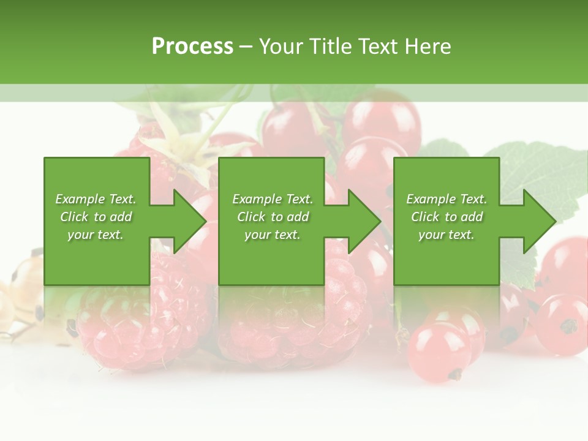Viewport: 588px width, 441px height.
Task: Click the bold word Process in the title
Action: [192, 46]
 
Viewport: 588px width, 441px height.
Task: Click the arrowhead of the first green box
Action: [190, 221]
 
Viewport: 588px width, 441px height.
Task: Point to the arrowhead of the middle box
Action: [364, 221]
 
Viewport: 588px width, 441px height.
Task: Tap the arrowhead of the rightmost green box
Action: [539, 221]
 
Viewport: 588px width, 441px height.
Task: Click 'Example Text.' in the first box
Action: [96, 199]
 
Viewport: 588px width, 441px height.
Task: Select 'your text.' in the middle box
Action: [272, 235]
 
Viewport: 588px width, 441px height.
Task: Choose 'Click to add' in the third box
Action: [447, 217]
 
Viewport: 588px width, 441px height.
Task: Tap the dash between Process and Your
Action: [246, 46]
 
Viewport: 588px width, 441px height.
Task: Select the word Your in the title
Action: [279, 46]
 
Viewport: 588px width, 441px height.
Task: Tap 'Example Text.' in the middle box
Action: [272, 199]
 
